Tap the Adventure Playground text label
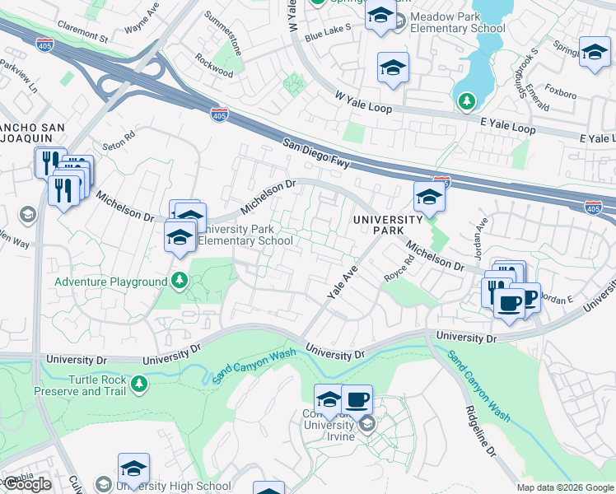tap(111, 282)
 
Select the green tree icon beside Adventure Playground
tap(179, 282)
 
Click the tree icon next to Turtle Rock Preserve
tap(139, 384)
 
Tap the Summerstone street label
tap(224, 32)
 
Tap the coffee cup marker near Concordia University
tap(357, 401)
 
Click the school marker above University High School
tap(133, 469)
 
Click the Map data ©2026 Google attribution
tap(565, 487)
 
